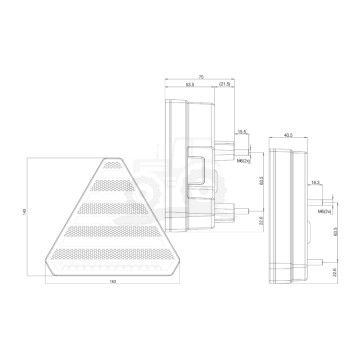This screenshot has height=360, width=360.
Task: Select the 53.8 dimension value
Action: (x=187, y=85)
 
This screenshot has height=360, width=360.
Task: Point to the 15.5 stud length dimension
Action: (x=241, y=130)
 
